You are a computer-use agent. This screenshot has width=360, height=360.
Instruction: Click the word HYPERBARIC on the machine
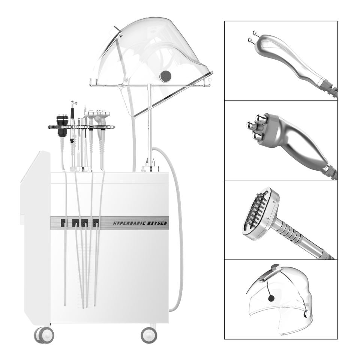(x=128, y=223)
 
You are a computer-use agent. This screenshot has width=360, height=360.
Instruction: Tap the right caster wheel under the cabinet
(x=149, y=335)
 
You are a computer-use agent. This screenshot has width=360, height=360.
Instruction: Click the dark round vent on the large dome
(x=166, y=75)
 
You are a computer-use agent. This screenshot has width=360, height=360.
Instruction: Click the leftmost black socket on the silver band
(x=64, y=223)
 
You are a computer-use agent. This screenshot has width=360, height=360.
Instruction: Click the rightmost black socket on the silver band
(x=96, y=223)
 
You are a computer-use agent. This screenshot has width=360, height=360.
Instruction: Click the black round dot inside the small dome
(x=271, y=298)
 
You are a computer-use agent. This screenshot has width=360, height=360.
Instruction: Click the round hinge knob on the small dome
(x=307, y=314)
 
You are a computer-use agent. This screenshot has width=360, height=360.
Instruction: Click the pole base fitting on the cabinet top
(x=150, y=167)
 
